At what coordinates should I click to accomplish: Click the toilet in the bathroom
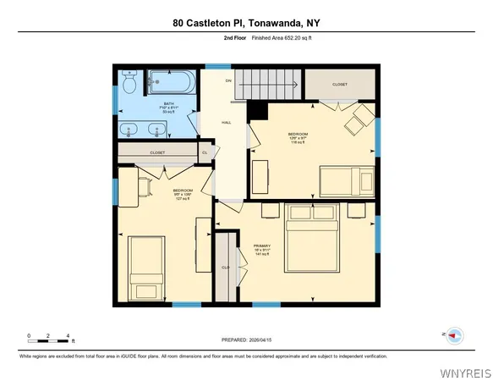point(129,84)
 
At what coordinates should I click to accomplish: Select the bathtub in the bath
point(172,84)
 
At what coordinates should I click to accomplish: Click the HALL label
point(227,123)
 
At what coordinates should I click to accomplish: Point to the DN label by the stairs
point(228,80)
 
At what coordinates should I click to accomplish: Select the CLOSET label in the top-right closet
point(339,85)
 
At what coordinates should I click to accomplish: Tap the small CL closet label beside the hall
point(205,152)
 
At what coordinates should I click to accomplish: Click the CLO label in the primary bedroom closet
point(226,268)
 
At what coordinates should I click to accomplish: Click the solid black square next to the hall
point(260,111)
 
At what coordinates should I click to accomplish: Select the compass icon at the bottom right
point(454,335)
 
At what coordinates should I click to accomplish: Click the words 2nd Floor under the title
point(234,39)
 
